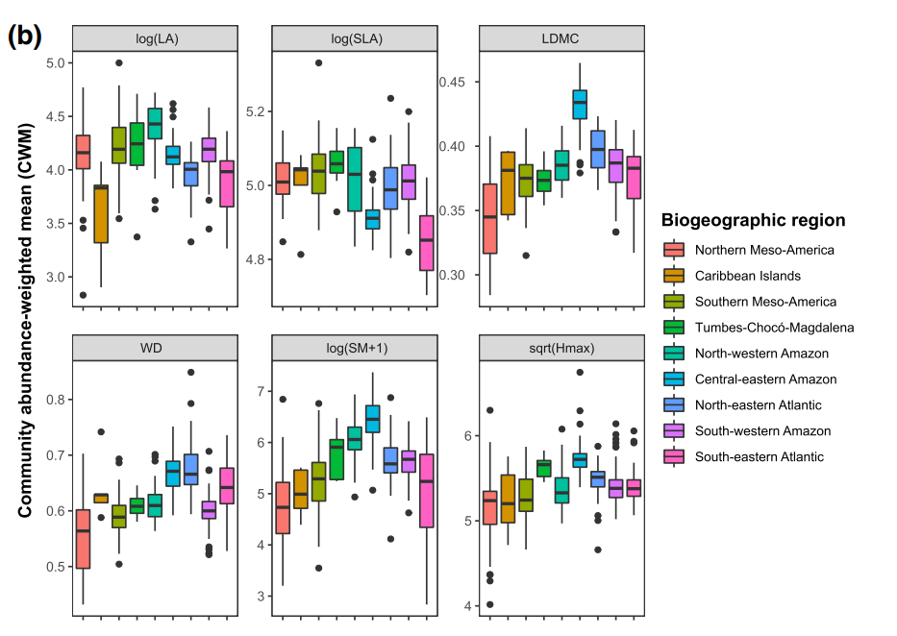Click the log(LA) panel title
coord(155,37)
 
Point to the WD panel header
coord(155,345)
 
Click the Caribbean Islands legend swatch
coord(674,276)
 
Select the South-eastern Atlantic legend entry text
coord(759,457)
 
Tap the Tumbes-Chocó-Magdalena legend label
coord(774,328)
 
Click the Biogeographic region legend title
coord(753,221)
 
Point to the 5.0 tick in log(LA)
coord(55,63)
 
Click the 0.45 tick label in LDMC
coord(453,82)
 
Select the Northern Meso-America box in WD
coord(83,539)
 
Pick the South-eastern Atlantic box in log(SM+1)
coord(426,491)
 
